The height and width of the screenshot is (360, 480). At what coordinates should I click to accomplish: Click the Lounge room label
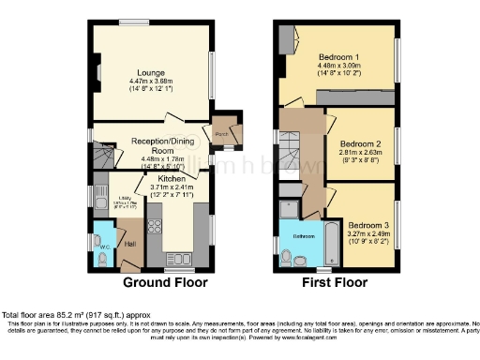pyautogui.click(x=150, y=72)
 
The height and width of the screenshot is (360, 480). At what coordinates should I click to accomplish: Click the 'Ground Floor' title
pyautogui.click(x=165, y=282)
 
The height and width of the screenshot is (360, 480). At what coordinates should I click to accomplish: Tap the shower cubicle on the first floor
pyautogui.click(x=289, y=207)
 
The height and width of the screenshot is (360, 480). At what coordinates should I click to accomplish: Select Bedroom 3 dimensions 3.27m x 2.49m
pyautogui.click(x=367, y=234)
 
